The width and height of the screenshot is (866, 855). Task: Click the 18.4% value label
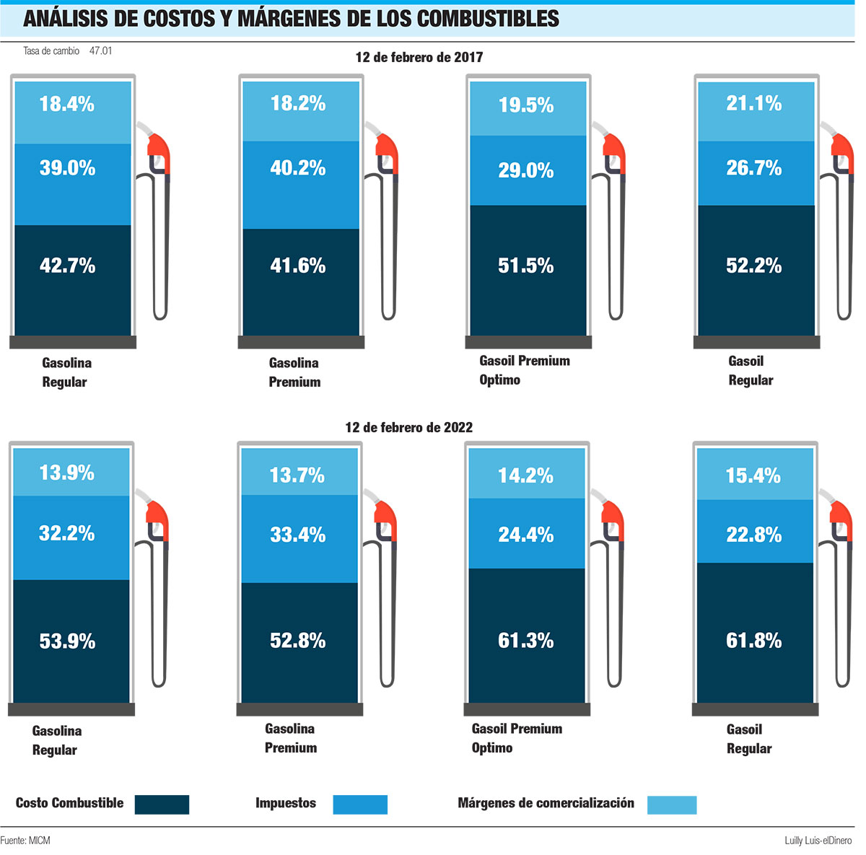67,104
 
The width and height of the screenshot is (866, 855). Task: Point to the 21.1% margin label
754,104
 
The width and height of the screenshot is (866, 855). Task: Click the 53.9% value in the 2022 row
67,641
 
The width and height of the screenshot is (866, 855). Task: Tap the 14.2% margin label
526,476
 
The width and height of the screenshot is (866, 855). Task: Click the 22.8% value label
754,535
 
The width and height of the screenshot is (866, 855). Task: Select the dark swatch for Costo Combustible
162,804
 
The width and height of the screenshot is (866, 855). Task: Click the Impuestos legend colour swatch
360,804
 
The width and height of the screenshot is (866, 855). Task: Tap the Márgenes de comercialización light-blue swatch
672,804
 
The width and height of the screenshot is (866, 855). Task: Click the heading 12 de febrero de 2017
419,57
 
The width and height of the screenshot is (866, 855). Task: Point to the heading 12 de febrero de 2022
409,427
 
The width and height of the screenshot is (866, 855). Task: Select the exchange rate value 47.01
101,51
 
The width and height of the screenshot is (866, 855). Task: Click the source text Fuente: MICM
25,841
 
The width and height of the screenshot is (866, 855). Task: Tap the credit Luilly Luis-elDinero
818,841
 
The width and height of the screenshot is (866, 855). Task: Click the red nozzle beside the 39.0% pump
159,152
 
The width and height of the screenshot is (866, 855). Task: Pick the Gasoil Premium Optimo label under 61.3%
517,738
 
